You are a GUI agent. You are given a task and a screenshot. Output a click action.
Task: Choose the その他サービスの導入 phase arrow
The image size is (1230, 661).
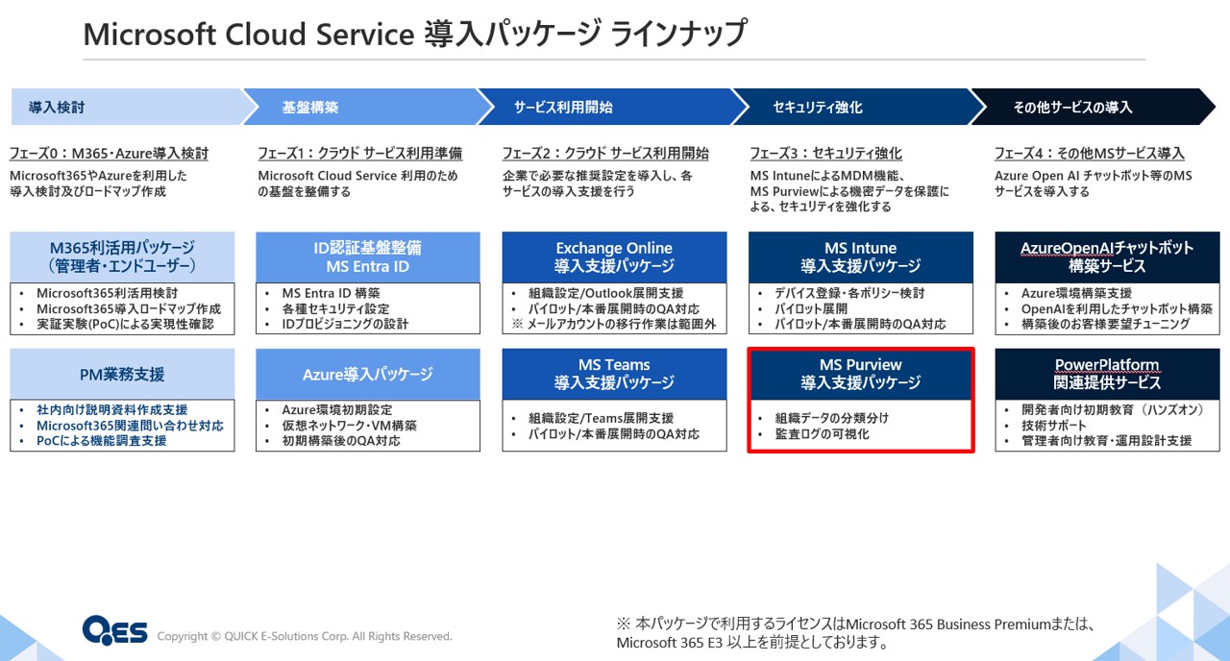click(x=1093, y=107)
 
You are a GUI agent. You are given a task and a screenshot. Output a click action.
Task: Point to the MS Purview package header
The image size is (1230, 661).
click(x=860, y=374)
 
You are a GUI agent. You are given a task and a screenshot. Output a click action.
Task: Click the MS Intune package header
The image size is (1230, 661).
click(x=860, y=257)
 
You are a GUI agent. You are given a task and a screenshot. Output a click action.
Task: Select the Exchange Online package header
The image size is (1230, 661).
click(x=614, y=257)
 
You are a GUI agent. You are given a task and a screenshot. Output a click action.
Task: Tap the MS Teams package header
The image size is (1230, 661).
click(x=614, y=374)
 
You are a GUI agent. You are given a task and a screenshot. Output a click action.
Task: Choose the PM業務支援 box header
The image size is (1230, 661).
click(x=122, y=374)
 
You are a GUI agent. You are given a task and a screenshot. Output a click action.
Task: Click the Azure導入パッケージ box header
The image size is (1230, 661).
click(x=368, y=374)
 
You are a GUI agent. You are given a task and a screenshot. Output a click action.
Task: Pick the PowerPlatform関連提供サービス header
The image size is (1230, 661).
click(x=1107, y=374)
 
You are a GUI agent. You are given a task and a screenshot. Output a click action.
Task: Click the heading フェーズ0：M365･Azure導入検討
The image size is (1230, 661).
click(x=109, y=153)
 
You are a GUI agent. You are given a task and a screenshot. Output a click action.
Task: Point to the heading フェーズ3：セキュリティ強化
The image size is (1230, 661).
click(x=825, y=153)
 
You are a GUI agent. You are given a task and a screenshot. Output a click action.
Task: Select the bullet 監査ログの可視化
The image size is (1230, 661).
click(x=822, y=433)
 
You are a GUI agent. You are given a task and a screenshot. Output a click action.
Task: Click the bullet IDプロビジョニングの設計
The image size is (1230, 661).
click(x=345, y=324)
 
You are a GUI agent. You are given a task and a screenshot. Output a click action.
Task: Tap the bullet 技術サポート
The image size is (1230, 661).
click(x=1054, y=426)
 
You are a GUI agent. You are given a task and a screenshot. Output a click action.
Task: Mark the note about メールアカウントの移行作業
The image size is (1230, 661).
click(x=613, y=324)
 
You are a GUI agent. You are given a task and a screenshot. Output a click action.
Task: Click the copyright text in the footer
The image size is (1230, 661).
click(x=305, y=636)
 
